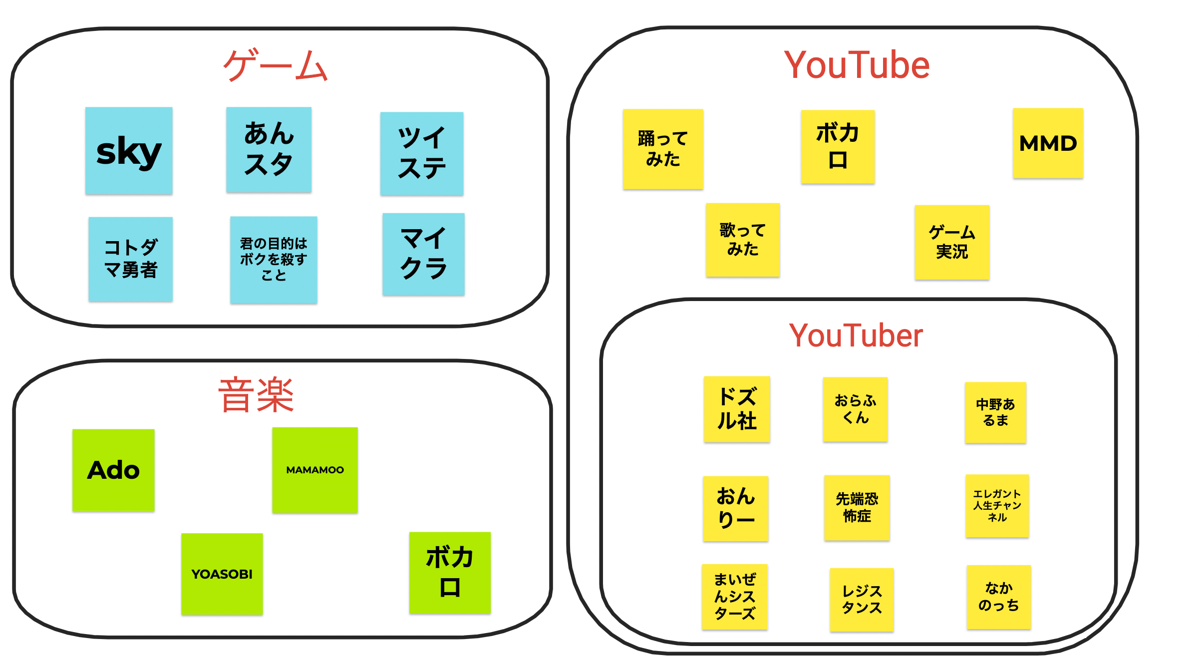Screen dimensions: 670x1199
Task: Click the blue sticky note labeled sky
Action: click(129, 151)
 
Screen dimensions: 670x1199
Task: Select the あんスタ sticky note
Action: click(269, 149)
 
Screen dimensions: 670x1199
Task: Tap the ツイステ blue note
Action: click(422, 153)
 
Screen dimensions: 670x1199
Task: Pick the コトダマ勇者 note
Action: click(131, 259)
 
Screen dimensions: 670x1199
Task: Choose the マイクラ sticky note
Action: click(423, 254)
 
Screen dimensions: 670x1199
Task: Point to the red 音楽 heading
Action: click(257, 395)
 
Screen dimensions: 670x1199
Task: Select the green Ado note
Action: click(113, 470)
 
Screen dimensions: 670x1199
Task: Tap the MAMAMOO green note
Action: click(315, 470)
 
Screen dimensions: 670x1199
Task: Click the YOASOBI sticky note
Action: click(222, 574)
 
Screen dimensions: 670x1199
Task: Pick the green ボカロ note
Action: click(450, 573)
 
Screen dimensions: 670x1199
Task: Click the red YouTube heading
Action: click(857, 65)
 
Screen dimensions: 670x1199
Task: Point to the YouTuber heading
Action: click(856, 335)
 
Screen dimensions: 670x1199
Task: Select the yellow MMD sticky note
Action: click(1048, 143)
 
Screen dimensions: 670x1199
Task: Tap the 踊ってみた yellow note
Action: click(663, 149)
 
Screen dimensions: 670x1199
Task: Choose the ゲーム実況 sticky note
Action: click(952, 242)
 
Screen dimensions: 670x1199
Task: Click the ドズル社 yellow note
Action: click(737, 409)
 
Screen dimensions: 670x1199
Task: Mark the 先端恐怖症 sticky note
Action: click(857, 507)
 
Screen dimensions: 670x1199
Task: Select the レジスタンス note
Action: click(862, 600)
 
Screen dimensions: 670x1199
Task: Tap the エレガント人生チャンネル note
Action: click(997, 506)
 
